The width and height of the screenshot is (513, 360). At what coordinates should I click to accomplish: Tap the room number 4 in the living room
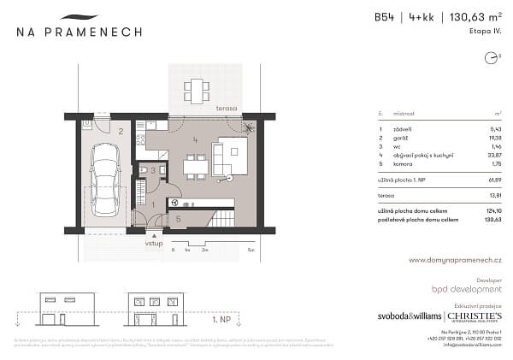pyautogui.click(x=196, y=139)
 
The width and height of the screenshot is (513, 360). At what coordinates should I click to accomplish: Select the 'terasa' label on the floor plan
pyautogui.click(x=227, y=109)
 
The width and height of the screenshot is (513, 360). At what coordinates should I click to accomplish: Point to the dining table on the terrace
pyautogui.click(x=197, y=88)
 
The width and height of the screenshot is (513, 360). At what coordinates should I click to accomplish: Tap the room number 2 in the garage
pyautogui.click(x=121, y=132)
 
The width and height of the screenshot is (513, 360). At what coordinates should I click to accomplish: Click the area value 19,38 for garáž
pyautogui.click(x=493, y=138)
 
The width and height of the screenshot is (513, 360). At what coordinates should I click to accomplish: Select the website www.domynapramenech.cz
pyautogui.click(x=454, y=260)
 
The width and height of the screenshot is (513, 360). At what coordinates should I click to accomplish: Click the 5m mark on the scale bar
pyautogui.click(x=249, y=250)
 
